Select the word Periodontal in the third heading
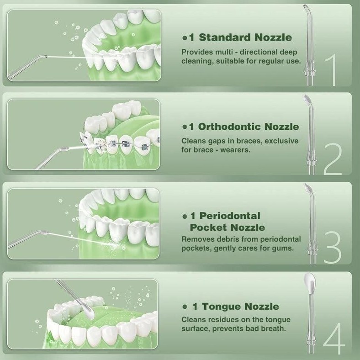point(230,216)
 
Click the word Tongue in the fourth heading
point(222,307)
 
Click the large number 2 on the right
point(333,159)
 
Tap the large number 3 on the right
point(333,247)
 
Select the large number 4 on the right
point(334,338)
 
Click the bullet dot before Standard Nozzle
point(185,38)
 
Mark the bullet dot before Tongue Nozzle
point(185,307)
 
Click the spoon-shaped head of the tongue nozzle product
point(309,283)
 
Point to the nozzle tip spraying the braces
point(65,149)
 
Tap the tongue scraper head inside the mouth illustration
point(88,311)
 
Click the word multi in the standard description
point(223,52)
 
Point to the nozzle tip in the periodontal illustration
point(46,233)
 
